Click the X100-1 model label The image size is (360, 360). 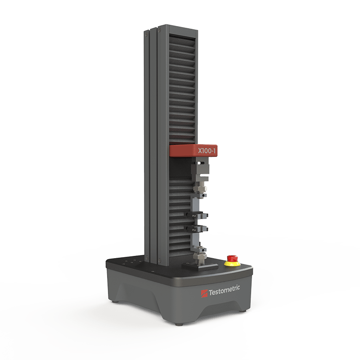[x=207, y=151]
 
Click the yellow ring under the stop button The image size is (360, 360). [x=232, y=264]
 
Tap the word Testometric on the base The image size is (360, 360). [x=224, y=291]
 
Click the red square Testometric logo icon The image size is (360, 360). [x=204, y=294]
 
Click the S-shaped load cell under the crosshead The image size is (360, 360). [x=200, y=171]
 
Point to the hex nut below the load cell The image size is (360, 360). [x=199, y=188]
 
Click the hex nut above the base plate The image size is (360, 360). [x=199, y=256]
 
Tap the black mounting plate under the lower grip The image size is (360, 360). [x=200, y=267]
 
